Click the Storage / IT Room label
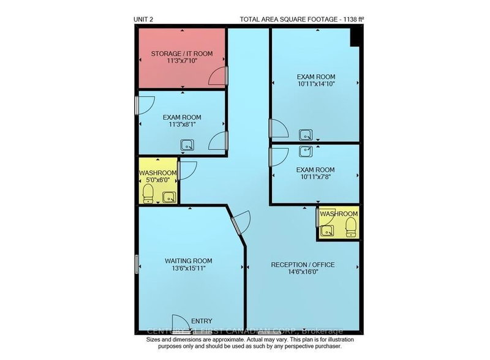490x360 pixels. pyautogui.click(x=182, y=54)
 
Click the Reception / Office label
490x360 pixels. pyautogui.click(x=303, y=264)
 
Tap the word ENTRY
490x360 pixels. pyautogui.click(x=201, y=321)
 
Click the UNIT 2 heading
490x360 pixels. pyautogui.click(x=143, y=20)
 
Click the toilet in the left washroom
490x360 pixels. pyautogui.click(x=147, y=194)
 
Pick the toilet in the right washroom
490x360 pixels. pyautogui.click(x=350, y=228)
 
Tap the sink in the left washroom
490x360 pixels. pyautogui.click(x=168, y=197)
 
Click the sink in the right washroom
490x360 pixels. pyautogui.click(x=327, y=230)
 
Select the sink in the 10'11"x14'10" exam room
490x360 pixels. pyautogui.click(x=304, y=135)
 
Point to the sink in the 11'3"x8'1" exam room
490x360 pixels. pyautogui.click(x=187, y=145)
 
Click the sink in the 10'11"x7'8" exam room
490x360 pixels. pyautogui.click(x=305, y=150)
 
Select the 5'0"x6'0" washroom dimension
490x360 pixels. pyautogui.click(x=157, y=181)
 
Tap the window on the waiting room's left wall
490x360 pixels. pyautogui.click(x=137, y=264)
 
